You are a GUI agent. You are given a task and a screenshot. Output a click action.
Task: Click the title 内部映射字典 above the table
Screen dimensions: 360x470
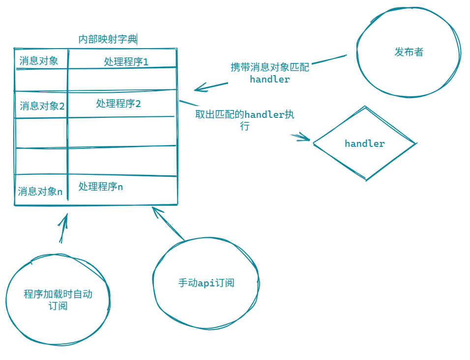(x=108, y=39)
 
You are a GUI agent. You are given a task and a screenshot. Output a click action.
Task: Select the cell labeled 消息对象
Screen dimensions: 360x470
(x=39, y=60)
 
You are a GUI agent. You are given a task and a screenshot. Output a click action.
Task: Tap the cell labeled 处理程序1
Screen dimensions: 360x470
(x=126, y=61)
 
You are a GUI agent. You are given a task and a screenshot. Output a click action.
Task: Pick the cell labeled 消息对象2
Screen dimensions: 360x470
(x=42, y=106)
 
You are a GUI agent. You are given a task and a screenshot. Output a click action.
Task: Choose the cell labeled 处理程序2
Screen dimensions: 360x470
(x=118, y=104)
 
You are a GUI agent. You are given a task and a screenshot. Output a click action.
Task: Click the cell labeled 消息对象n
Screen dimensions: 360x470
(x=40, y=191)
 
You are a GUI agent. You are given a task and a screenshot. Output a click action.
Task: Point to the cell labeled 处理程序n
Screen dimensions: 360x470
(x=101, y=187)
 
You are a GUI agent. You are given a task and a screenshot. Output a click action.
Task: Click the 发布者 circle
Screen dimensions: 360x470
(x=409, y=52)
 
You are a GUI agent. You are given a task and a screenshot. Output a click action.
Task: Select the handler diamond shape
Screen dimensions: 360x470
(x=364, y=143)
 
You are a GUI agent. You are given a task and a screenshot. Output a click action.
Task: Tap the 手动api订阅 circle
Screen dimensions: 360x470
(x=206, y=283)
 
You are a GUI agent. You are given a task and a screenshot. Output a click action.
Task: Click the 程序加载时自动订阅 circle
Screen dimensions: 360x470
(x=58, y=300)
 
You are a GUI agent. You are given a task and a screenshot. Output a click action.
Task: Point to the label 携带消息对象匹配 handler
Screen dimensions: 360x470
(x=270, y=73)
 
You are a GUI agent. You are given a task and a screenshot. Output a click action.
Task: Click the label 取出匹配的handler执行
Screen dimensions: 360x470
(x=245, y=120)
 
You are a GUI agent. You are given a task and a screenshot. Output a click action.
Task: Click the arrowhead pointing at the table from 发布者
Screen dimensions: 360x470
(x=198, y=89)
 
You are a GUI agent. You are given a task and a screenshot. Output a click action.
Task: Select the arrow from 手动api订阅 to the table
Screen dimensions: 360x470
(x=168, y=224)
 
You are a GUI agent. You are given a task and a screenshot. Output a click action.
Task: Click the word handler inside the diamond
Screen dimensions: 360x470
(x=364, y=143)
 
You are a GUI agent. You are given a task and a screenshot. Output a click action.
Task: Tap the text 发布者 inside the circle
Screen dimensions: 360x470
(x=409, y=52)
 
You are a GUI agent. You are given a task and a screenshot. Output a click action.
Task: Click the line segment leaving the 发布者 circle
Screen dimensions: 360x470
(x=329, y=59)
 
